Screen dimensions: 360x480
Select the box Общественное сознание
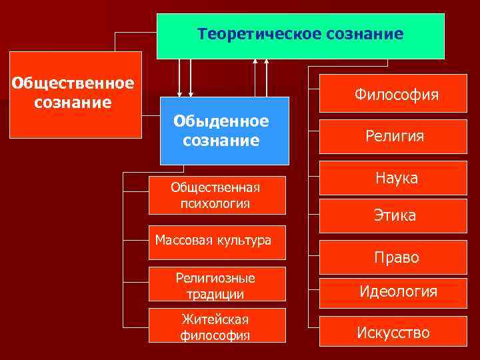[75, 94]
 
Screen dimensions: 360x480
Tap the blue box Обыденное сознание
[224, 131]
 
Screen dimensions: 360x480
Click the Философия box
[396, 95]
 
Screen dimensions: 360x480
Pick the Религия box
[394, 136]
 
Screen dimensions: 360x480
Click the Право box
[395, 257]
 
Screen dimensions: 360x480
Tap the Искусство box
[393, 333]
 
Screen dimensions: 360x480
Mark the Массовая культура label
[213, 240]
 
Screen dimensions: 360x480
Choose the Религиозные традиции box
[216, 285]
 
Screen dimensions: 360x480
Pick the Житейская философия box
[216, 327]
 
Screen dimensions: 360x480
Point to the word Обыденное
[221, 121]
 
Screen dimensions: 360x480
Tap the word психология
[215, 203]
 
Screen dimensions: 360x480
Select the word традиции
[215, 294]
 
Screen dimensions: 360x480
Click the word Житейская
[215, 319]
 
